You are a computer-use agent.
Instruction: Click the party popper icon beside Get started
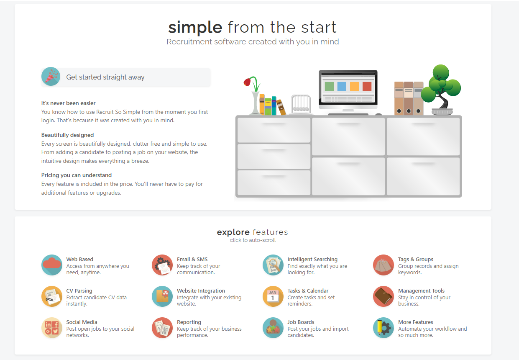(51, 77)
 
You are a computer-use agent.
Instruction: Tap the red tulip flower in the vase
(247, 82)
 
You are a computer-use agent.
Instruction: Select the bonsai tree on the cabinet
(441, 90)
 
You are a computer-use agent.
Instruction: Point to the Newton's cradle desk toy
(301, 104)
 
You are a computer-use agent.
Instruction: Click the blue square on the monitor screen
(342, 87)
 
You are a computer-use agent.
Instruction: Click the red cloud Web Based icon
(52, 265)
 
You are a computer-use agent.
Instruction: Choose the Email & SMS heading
(192, 259)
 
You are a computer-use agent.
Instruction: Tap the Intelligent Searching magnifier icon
(273, 265)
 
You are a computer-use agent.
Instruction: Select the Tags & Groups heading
(415, 259)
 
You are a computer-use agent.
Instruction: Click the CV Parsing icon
(52, 296)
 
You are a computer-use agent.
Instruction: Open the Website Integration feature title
(201, 291)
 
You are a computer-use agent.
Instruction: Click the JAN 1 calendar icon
(273, 296)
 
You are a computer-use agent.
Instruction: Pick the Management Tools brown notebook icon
(383, 296)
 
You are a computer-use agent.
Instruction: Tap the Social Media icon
(52, 328)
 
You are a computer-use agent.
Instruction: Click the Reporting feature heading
(189, 322)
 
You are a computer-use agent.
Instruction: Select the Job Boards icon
(273, 328)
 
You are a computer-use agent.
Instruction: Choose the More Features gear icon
(383, 328)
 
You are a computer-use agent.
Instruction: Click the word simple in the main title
(195, 28)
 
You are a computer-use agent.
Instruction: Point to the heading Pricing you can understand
(77, 175)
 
